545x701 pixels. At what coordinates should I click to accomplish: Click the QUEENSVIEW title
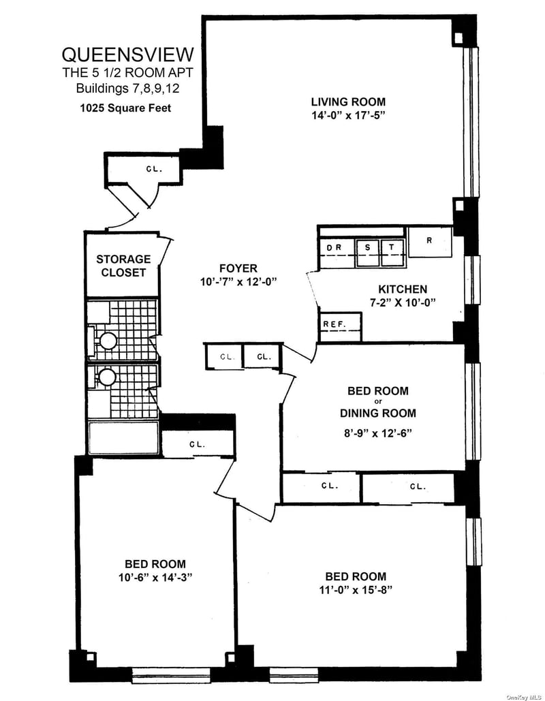(x=128, y=54)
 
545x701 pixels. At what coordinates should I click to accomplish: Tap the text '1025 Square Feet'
(x=125, y=108)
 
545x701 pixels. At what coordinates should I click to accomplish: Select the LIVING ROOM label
(x=348, y=102)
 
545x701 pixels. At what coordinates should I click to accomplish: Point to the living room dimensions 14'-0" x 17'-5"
(x=348, y=115)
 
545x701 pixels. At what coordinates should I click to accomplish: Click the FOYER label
(x=238, y=268)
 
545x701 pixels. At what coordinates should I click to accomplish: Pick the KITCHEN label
(x=403, y=289)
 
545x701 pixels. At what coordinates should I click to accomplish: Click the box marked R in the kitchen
(x=430, y=242)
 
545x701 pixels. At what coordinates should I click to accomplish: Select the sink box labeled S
(x=367, y=253)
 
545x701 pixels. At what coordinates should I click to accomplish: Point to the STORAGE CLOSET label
(x=123, y=266)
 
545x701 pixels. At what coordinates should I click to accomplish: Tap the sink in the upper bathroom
(x=108, y=341)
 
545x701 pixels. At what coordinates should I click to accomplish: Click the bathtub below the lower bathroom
(x=123, y=437)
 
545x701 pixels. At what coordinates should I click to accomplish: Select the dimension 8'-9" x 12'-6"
(x=378, y=433)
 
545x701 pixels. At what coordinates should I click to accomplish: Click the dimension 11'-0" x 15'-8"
(x=356, y=590)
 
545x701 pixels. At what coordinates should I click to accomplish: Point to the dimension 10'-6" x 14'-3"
(x=155, y=577)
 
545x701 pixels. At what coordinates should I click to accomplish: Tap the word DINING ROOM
(x=378, y=413)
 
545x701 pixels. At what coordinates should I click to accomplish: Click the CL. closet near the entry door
(x=154, y=170)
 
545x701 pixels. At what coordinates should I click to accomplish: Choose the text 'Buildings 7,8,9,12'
(x=127, y=88)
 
